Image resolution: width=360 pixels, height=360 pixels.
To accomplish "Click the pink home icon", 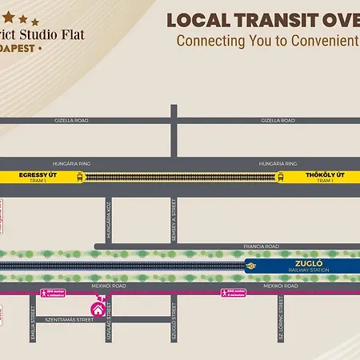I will pyautogui.click(x=98, y=307).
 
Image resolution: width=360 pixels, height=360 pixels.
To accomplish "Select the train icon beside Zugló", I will pyautogui.click(x=250, y=266).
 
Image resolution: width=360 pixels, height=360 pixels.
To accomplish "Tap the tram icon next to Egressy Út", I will pyautogui.click(x=79, y=177).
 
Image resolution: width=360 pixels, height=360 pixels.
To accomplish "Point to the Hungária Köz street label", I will pyautogui.click(x=109, y=218).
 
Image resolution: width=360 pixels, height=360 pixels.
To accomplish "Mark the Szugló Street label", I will pyautogui.click(x=173, y=330).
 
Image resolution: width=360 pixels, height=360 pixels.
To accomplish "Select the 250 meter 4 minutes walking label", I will pyautogui.click(x=53, y=293).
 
